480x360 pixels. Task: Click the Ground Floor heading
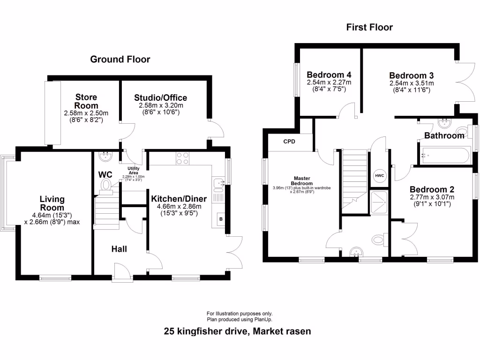coord(120,60)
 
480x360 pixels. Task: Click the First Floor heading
coord(369,27)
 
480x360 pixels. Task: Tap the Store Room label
coord(86,101)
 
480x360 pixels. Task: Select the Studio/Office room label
coord(160,98)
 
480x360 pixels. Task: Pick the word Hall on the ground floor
coord(119,249)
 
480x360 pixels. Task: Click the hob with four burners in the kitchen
coord(182,159)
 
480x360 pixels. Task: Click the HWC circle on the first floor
coord(379,176)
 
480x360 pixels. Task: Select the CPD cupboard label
coord(289,142)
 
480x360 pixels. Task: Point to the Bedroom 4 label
coord(329,75)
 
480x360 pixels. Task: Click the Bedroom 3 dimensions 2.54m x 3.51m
coord(411,83)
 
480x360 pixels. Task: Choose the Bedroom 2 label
coord(432,189)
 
